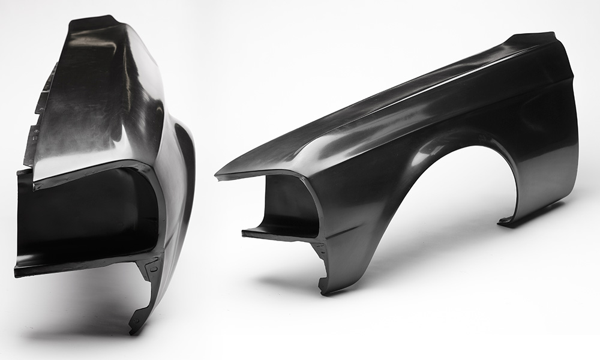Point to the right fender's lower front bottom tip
pyautogui.click(x=325, y=291)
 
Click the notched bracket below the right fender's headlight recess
pyautogui.click(x=321, y=252)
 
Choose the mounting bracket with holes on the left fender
pyautogui.click(x=150, y=270)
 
